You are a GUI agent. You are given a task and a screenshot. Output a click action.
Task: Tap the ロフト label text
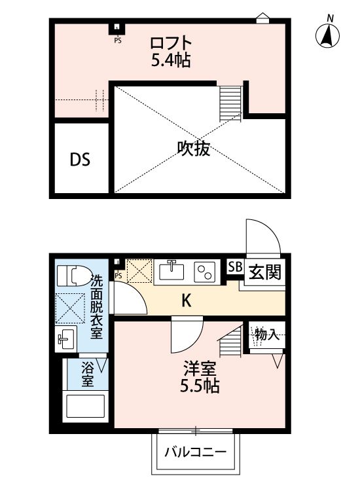click(171, 44)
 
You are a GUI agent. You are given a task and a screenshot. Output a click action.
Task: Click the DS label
click(81, 160)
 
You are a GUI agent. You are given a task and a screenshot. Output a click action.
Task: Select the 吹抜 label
click(194, 150)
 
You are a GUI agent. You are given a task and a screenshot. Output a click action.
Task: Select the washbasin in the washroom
click(66, 338)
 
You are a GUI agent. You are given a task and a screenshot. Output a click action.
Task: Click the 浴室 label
click(87, 375)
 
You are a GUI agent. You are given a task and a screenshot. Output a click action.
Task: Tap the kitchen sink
click(173, 270)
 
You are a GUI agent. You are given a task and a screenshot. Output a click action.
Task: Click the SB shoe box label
click(233, 267)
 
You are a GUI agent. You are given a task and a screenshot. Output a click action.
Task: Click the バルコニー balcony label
click(194, 452)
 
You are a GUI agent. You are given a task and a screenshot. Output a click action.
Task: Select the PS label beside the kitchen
click(118, 276)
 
